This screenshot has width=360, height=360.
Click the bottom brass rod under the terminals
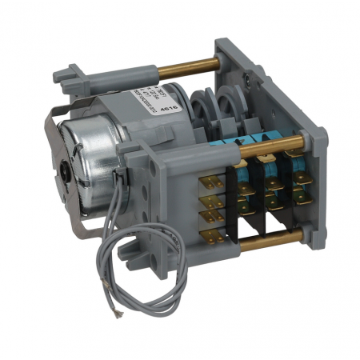click(264, 238)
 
